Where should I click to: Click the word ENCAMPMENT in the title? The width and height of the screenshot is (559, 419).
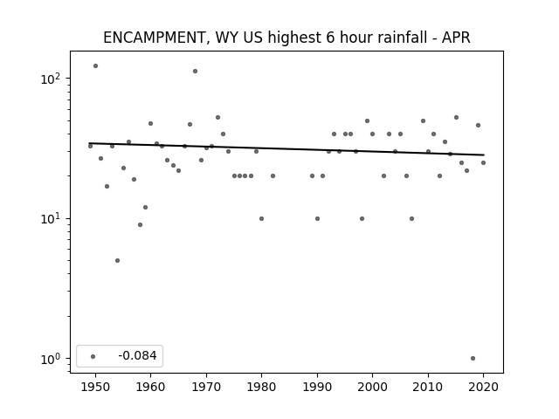(x=154, y=38)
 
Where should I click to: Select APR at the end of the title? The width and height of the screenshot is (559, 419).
(x=456, y=37)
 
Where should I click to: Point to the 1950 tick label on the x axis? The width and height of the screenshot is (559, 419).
(x=95, y=387)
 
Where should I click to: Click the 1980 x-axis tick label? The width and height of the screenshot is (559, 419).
(x=261, y=387)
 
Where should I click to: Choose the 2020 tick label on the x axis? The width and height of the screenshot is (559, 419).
(x=483, y=387)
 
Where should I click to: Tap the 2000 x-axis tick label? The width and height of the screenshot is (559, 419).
(x=372, y=387)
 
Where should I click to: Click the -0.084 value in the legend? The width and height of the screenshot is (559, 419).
(x=137, y=355)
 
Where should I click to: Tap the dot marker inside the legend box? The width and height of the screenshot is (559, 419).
(x=93, y=356)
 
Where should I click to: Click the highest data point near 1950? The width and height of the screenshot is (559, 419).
(x=95, y=66)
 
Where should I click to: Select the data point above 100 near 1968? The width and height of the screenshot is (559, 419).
(x=195, y=72)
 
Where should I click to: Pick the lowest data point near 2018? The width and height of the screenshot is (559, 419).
(x=473, y=359)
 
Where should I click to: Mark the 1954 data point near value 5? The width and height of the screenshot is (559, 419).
(x=117, y=260)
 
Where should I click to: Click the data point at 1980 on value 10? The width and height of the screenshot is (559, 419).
(x=262, y=218)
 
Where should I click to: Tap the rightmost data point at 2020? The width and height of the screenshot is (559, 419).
(x=483, y=163)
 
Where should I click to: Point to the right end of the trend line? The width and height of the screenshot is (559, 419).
(x=484, y=155)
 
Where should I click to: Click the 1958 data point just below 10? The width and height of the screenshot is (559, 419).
(x=140, y=225)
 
